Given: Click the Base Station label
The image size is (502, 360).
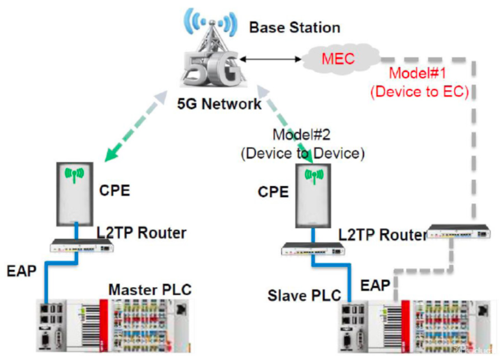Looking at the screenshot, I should click(x=295, y=27).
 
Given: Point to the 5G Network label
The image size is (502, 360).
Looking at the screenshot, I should click(x=219, y=103).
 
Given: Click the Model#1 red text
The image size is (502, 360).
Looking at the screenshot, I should click(x=418, y=73).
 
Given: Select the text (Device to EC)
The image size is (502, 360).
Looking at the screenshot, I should click(x=418, y=92).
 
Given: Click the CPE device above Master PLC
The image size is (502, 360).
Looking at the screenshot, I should click(x=75, y=193).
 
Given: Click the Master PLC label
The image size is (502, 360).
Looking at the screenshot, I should click(x=150, y=290).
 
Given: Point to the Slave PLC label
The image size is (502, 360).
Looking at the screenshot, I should click(x=304, y=295).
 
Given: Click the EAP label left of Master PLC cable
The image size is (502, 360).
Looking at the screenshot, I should click(x=21, y=271).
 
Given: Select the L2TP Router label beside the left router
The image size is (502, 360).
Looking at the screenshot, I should click(x=141, y=233).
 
